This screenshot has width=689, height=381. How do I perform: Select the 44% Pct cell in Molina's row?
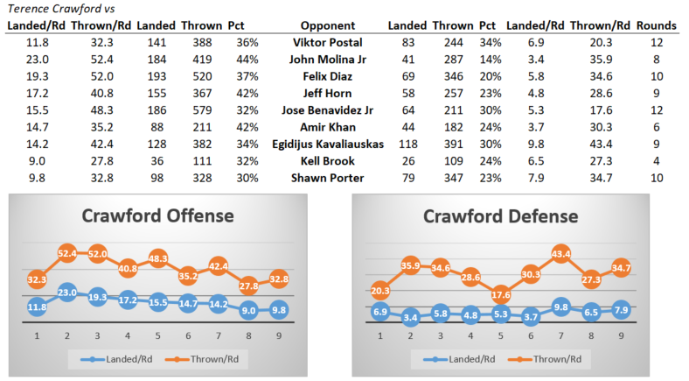(x=236, y=60)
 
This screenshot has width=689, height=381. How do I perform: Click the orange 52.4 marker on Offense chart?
(x=66, y=253)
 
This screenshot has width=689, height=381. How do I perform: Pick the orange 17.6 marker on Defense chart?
(x=499, y=293)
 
